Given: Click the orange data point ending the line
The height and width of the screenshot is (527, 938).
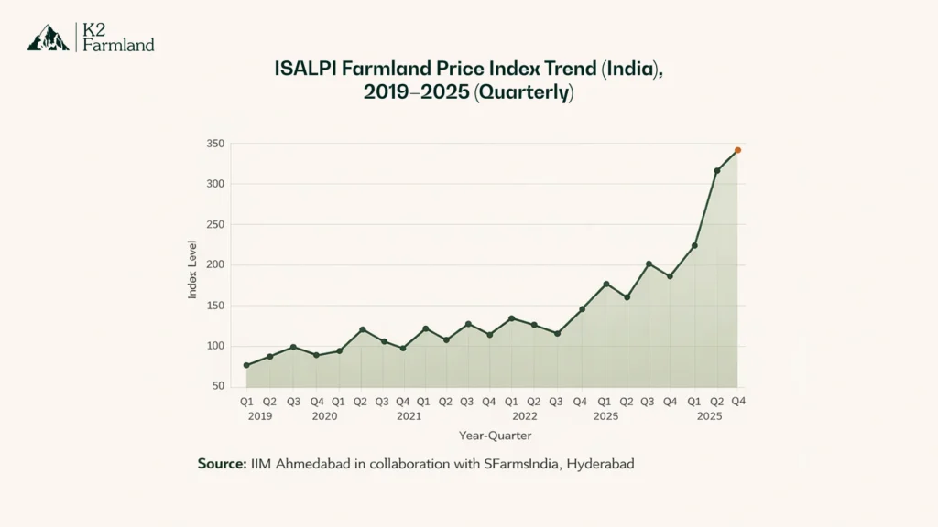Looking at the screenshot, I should tap(737, 150).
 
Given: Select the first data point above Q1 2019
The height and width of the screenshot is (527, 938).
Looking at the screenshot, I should tap(246, 365).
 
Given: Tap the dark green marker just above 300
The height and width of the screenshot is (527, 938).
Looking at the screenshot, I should tap(716, 171).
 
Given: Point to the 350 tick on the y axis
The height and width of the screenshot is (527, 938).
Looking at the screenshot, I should tap(215, 144).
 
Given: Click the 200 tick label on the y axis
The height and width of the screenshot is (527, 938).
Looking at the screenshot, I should tap(215, 265).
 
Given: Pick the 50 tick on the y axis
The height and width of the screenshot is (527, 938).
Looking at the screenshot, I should tap(218, 386).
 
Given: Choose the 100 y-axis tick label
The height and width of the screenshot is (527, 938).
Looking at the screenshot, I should tap(215, 346).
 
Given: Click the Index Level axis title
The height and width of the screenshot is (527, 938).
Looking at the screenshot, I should tap(193, 268).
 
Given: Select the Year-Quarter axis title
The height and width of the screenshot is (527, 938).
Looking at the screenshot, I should tap(496, 436).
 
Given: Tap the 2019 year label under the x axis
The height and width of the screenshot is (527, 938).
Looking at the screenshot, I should tap(260, 416).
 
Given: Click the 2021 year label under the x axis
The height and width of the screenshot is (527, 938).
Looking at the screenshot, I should tap(409, 416).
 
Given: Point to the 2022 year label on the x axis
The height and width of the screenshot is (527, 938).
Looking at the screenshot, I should tap(524, 416).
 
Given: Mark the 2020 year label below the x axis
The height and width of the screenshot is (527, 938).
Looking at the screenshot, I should tap(324, 416).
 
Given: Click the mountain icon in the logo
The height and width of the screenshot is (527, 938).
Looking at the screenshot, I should tap(48, 38).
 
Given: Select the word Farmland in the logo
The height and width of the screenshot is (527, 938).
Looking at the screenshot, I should tap(118, 45).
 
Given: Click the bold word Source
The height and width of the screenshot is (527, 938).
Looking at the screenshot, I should tap(221, 464).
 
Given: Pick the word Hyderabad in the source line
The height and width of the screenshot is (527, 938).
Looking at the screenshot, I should tap(600, 464).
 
